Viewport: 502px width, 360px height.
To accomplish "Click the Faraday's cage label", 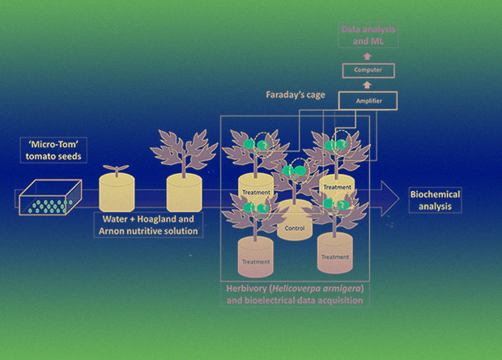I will point(296,95).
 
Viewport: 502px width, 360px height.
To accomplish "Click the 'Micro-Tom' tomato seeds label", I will point(51,150).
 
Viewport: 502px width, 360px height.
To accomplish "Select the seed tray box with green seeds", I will point(53,197).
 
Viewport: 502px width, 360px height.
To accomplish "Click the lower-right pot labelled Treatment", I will point(334,253).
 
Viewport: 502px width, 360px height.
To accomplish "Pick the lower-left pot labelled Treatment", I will point(255,259).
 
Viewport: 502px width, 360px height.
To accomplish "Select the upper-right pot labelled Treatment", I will point(337,188).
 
